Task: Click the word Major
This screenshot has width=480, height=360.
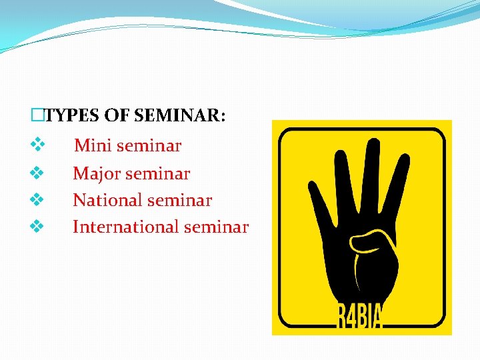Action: [x=96, y=174]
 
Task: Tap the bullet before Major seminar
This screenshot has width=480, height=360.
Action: [x=37, y=173]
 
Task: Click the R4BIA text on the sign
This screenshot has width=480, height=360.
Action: [x=359, y=317]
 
